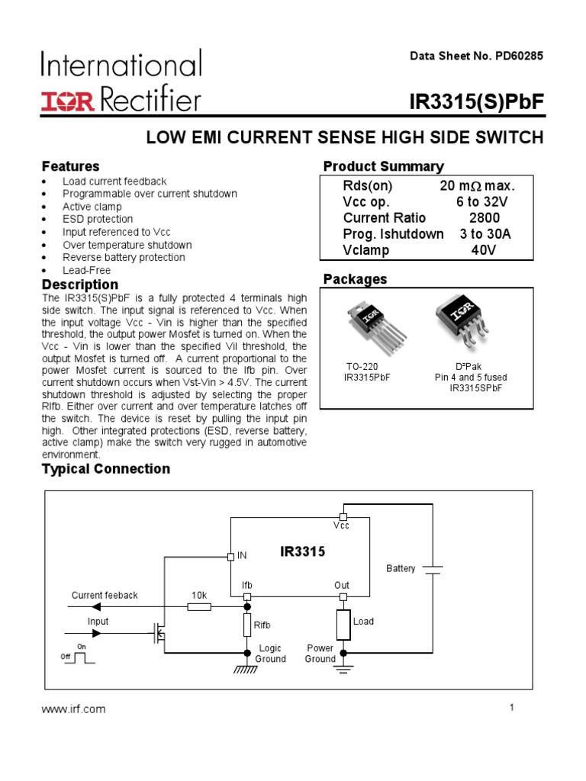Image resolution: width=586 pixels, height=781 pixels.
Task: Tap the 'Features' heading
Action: point(70,166)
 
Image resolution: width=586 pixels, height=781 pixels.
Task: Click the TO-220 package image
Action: point(370,324)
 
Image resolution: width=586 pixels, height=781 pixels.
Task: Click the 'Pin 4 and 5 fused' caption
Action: point(471,378)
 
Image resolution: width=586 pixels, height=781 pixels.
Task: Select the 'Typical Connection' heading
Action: point(106,469)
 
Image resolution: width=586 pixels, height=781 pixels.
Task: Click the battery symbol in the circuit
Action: point(433,569)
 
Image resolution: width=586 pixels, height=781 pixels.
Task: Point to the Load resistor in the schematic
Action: point(343,625)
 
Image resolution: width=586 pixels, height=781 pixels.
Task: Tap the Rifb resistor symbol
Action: point(246,625)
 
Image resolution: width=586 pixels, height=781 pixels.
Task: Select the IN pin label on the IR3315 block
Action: point(242,556)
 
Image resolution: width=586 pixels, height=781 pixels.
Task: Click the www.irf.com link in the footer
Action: point(73,709)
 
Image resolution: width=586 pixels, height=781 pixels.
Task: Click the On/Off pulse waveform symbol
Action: point(79,657)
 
